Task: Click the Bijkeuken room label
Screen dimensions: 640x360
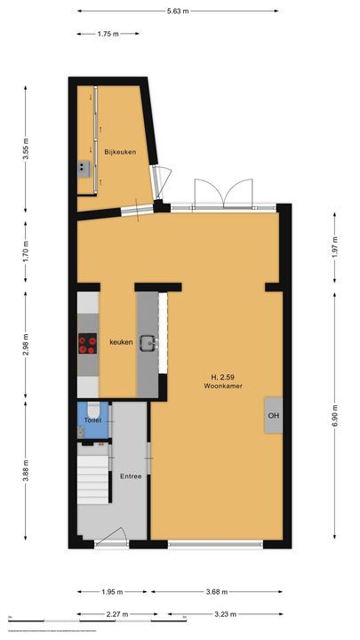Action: (x=120, y=152)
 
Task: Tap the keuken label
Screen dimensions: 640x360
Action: (x=121, y=342)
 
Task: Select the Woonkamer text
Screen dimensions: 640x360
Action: (x=222, y=387)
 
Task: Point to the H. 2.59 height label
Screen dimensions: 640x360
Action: (x=222, y=377)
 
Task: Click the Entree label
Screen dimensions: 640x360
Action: (x=131, y=476)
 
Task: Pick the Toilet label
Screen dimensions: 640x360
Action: (x=92, y=420)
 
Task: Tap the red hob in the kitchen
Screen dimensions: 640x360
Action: (x=88, y=343)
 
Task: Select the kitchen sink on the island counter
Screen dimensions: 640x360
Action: (x=149, y=343)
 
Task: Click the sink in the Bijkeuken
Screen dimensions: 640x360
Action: (x=84, y=166)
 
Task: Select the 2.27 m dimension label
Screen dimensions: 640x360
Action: (x=114, y=614)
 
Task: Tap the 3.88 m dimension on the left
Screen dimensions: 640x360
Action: (x=27, y=469)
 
